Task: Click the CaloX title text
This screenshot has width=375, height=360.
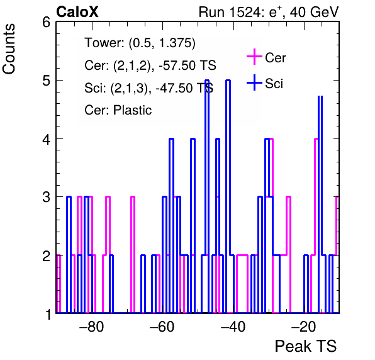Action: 77,12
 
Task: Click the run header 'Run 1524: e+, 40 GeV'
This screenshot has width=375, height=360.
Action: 269,12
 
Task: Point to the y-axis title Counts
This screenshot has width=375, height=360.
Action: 9,49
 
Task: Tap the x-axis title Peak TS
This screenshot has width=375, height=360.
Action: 306,346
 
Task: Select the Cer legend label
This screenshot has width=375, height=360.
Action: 275,58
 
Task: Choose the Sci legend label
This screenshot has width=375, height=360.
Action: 274,84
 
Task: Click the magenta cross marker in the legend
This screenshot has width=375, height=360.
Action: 254,57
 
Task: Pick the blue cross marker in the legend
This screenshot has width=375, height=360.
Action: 254,82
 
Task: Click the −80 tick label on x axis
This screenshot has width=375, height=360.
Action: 92,326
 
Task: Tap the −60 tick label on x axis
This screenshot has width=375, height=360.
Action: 162,326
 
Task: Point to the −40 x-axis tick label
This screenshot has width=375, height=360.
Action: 233,326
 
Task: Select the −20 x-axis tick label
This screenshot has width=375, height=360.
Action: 304,326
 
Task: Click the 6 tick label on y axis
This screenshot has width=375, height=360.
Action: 46,23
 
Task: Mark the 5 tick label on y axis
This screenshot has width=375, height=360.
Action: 46,81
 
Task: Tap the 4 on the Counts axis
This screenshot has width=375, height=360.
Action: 46,139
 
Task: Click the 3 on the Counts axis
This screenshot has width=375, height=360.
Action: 46,198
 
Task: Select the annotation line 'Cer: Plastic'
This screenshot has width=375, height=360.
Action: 118,110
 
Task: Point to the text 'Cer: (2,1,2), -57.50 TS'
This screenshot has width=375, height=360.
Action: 150,65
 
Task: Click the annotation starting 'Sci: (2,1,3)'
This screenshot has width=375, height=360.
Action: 148,87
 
